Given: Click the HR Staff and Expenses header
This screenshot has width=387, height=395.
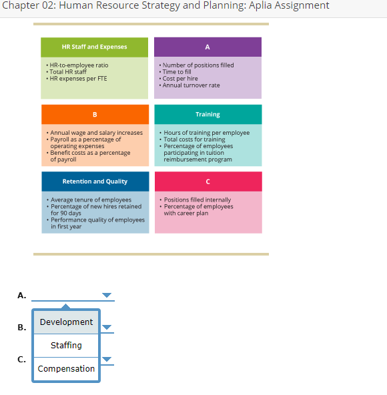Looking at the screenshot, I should [x=94, y=47].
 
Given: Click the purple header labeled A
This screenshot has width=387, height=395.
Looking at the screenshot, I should [x=208, y=47].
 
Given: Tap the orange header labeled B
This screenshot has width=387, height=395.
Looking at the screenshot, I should [x=94, y=114].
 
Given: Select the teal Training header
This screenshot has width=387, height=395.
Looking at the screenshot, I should [x=208, y=114].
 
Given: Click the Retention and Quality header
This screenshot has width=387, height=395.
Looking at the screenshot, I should [x=94, y=181].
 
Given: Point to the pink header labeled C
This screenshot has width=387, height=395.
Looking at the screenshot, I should [x=208, y=181].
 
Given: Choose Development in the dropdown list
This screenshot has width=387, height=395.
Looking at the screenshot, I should [x=66, y=322].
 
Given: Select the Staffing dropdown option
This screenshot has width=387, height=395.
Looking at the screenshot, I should [x=66, y=345].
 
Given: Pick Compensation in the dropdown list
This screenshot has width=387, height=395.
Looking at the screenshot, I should [x=66, y=368].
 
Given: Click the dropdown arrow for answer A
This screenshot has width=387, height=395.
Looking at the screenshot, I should [x=107, y=295].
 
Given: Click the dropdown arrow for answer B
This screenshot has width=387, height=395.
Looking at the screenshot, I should [x=107, y=328].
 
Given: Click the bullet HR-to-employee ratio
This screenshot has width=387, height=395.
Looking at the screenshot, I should [x=79, y=65].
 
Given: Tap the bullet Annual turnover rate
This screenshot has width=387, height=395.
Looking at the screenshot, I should [x=191, y=85].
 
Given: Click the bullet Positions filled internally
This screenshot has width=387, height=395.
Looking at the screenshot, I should [x=198, y=200].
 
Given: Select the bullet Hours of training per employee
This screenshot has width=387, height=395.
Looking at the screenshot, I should [x=206, y=133].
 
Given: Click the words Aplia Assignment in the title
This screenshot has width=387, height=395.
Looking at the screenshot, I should [x=293, y=6].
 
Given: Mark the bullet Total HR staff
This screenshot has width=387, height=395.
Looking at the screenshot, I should [x=69, y=72].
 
